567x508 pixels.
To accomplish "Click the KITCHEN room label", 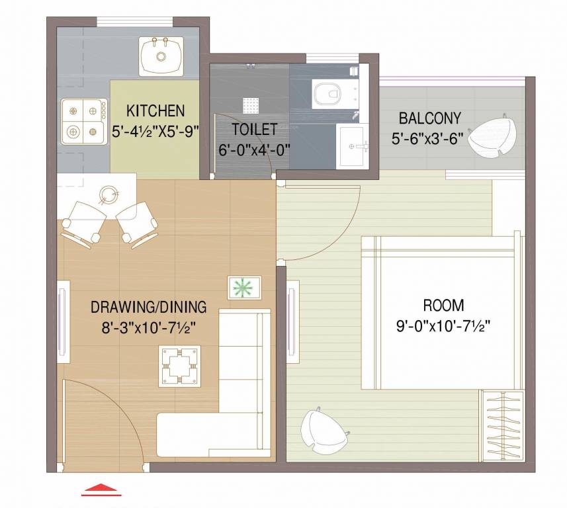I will (155, 110).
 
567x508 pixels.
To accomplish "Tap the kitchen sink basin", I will (159, 56).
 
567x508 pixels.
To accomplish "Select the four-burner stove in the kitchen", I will (84, 121).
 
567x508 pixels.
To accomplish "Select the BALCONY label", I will (429, 118).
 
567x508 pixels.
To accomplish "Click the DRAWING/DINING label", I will (148, 307).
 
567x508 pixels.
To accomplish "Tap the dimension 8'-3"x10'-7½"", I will (148, 327).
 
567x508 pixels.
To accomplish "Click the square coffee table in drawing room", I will (181, 366).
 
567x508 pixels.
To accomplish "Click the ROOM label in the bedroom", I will (443, 306).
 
